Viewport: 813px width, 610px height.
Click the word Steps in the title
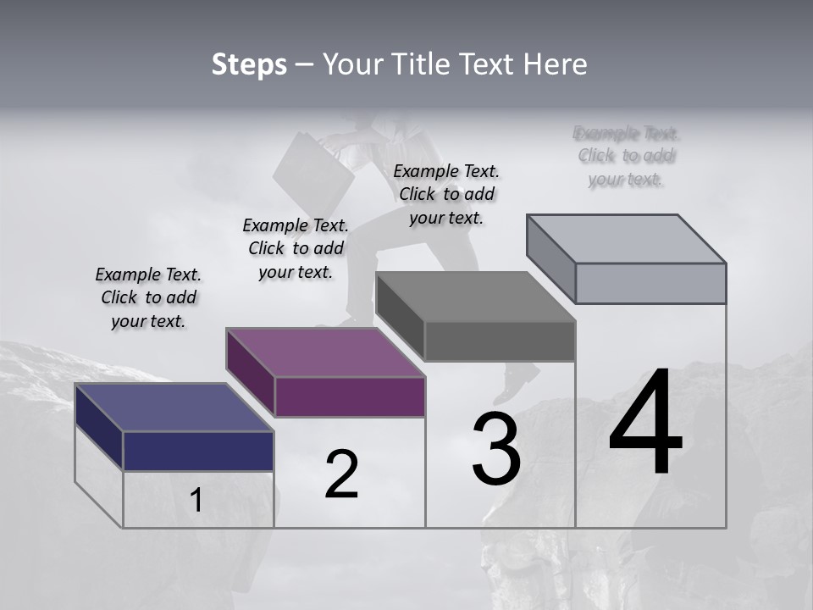tap(249, 64)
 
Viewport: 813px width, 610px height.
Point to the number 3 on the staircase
tap(496, 449)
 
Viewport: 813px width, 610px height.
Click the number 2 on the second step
tap(341, 474)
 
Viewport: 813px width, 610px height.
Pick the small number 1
tap(196, 501)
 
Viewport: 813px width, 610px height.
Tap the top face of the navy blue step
tap(174, 408)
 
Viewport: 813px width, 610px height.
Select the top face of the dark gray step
tap(476, 297)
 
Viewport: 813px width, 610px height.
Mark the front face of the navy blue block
tap(198, 451)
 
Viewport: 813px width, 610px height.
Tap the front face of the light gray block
tap(650, 283)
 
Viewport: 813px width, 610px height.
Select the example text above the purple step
tap(296, 248)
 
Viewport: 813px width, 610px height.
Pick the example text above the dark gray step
tap(446, 194)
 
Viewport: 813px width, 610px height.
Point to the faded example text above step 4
tap(627, 156)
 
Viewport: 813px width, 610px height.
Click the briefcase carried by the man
tap(314, 169)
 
